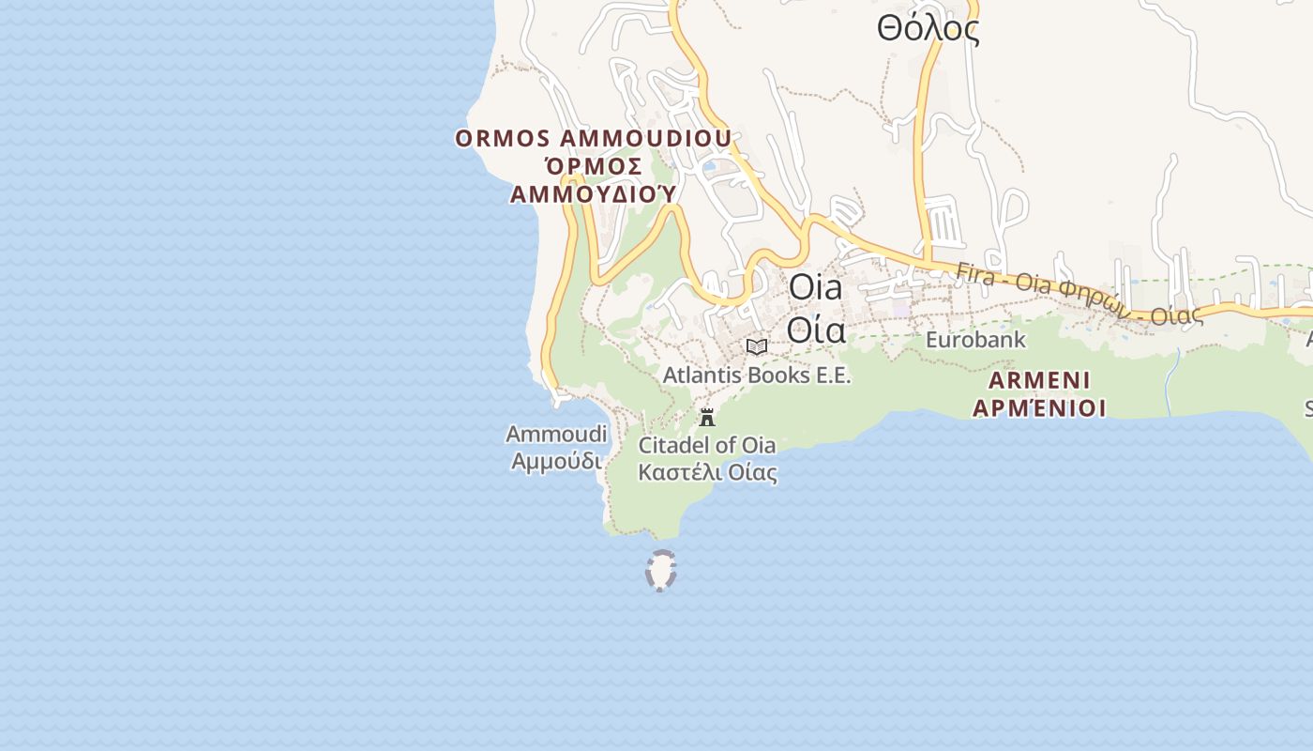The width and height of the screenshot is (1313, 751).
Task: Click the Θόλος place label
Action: [x=928, y=30]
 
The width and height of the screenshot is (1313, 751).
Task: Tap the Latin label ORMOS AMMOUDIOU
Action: [x=593, y=139]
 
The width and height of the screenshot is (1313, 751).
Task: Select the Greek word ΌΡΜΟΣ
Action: [x=593, y=167]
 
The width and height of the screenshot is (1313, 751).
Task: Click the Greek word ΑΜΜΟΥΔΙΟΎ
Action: [x=593, y=194]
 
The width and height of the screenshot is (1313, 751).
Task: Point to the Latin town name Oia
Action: [x=816, y=287]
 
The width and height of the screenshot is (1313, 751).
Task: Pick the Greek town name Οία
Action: [x=816, y=330]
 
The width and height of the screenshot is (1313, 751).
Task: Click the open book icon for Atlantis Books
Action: [x=757, y=346]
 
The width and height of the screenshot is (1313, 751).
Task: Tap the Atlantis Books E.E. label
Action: [x=757, y=375]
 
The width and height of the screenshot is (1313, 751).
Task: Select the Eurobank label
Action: [x=975, y=340]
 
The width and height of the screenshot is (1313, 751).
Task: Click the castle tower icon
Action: [x=707, y=418]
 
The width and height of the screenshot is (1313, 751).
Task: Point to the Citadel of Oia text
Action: [x=707, y=445]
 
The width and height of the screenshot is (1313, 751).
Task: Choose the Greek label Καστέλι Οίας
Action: [x=707, y=471]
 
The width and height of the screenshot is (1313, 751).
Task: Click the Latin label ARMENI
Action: [x=1039, y=380]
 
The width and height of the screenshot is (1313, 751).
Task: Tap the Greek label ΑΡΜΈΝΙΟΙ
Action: [x=1039, y=408]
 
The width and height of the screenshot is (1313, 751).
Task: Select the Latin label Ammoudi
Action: [x=556, y=435]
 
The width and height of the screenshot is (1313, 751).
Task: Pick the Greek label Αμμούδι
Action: [x=556, y=461]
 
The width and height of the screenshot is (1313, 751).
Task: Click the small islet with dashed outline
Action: [x=661, y=570]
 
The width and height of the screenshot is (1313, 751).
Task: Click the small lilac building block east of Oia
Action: [x=900, y=307]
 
